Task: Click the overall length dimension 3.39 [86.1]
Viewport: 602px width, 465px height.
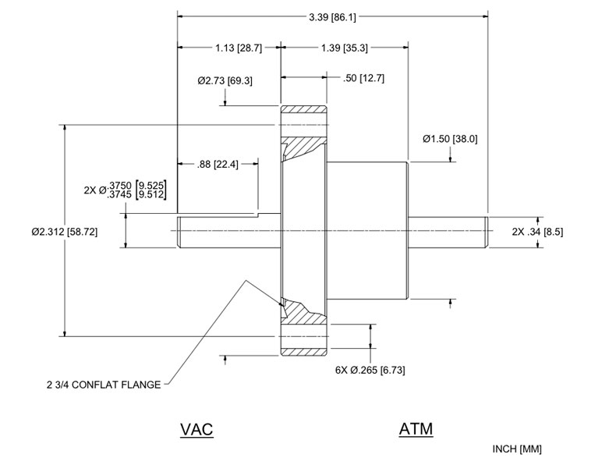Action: pyautogui.click(x=333, y=16)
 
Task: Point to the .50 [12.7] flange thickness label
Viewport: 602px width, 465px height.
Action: pyautogui.click(x=363, y=78)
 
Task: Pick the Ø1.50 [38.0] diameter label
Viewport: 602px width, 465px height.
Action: pyautogui.click(x=450, y=139)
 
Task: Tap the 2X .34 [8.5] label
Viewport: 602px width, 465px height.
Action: pyautogui.click(x=538, y=232)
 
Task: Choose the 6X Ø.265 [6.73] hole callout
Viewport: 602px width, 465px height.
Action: pyautogui.click(x=369, y=369)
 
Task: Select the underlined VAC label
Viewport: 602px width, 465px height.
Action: pyautogui.click(x=197, y=429)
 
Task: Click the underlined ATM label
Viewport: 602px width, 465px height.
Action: pyautogui.click(x=416, y=429)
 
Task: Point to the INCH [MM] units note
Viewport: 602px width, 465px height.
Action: pyautogui.click(x=517, y=449)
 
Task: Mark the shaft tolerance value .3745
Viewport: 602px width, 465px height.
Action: pyautogui.click(x=122, y=194)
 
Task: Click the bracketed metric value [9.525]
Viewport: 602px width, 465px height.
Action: pyautogui.click(x=149, y=184)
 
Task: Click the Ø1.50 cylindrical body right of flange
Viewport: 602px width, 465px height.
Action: pyautogui.click(x=369, y=232)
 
